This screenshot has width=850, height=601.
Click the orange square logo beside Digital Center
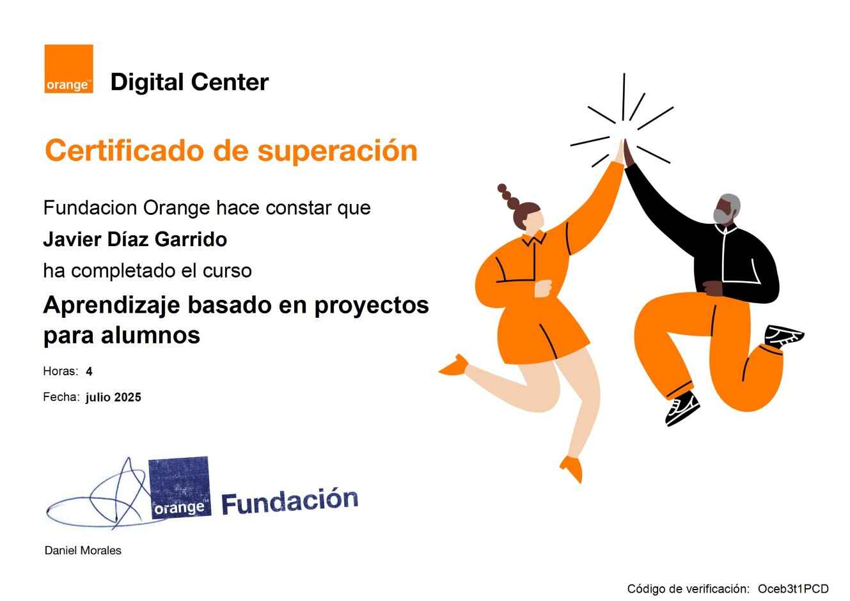coord(68,68)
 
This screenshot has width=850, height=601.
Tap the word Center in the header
coord(230,82)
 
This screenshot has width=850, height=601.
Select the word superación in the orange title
coord(337,152)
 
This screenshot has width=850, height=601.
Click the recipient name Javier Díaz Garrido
coord(135,239)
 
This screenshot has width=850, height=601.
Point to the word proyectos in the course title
coord(372,306)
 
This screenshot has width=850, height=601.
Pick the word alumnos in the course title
coord(150,336)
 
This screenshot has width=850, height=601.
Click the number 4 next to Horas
coord(89,371)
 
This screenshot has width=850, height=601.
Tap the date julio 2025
coord(113,397)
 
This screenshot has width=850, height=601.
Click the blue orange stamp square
coord(180,488)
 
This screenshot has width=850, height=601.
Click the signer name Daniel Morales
coord(83,550)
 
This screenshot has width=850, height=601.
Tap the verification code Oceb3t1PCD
coord(793,589)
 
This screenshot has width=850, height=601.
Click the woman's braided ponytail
coord(508,198)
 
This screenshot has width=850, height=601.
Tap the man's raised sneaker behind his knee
coord(783,336)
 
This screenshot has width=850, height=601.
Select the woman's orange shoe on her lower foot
coord(572,469)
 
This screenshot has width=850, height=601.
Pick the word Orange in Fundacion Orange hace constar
coord(176,208)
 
